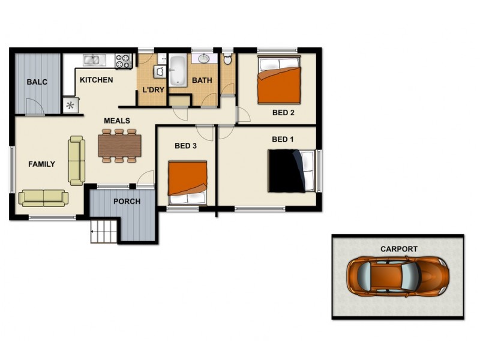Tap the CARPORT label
point(398,248)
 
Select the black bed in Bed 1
point(290,170)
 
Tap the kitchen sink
point(93,59)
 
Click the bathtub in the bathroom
point(178,71)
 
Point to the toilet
point(228,59)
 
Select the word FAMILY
point(41,164)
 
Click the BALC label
point(37,82)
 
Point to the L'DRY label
point(152,91)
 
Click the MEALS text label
point(116,121)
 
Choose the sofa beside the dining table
point(76,160)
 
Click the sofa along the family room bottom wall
point(43,198)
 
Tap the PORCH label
point(127,201)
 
